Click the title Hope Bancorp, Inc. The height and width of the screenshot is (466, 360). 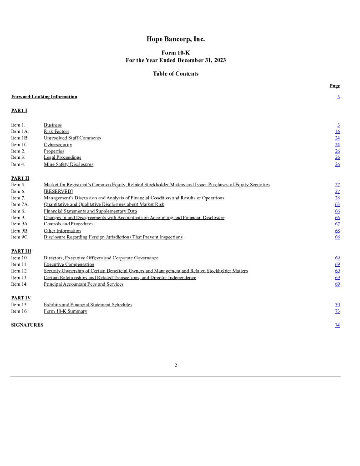[175, 39]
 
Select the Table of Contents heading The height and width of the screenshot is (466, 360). [176, 74]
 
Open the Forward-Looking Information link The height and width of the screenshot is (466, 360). [44, 96]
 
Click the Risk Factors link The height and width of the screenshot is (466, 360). [56, 132]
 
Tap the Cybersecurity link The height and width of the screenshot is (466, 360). [58, 145]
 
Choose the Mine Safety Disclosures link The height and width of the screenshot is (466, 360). [68, 164]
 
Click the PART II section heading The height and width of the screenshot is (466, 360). [20, 178]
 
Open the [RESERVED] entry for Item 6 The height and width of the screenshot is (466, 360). [58, 192]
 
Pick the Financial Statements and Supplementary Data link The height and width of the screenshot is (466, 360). [90, 211]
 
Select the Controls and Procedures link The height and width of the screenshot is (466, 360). [68, 224]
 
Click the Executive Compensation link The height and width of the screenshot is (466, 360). [69, 264]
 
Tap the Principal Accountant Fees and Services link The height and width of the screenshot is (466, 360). [83, 284]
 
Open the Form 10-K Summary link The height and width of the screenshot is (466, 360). [65, 311]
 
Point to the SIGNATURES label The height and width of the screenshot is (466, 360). [27, 325]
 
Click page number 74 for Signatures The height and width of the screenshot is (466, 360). [337, 325]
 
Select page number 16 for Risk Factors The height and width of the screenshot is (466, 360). [337, 132]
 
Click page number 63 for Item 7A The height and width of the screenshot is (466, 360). [337, 205]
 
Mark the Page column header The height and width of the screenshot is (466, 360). [335, 86]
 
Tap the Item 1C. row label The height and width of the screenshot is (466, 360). [20, 145]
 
